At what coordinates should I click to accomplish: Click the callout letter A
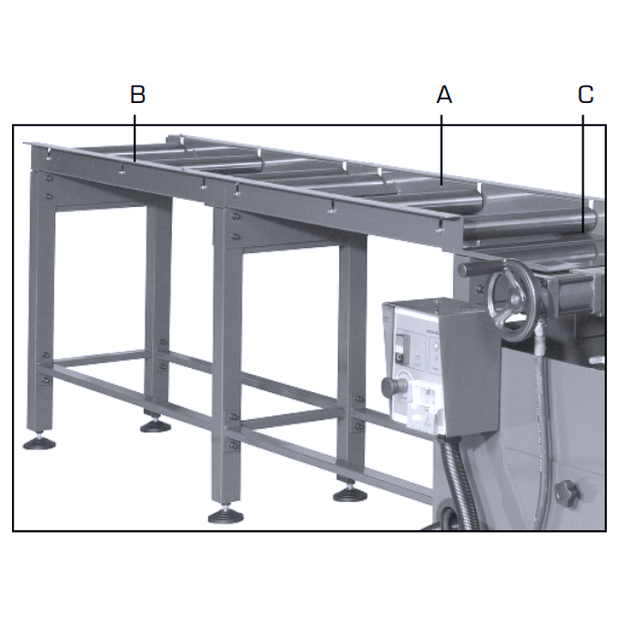coord(444,95)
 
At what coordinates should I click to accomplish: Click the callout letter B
coord(137,95)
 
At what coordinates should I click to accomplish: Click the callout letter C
coord(585,95)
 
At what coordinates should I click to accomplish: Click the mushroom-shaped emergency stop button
coord(392,387)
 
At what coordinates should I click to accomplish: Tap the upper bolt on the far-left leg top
coord(49,177)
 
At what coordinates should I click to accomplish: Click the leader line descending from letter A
coord(441,148)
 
